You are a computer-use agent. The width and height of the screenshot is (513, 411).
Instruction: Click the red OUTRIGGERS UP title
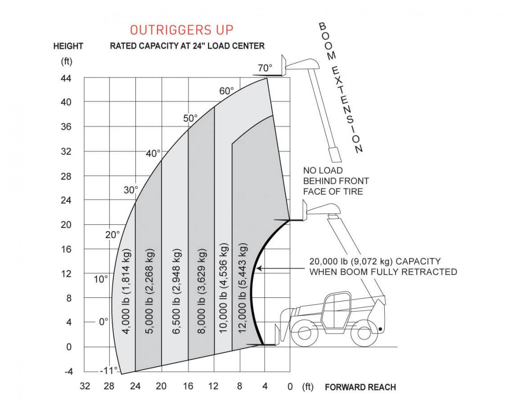coord(182,30)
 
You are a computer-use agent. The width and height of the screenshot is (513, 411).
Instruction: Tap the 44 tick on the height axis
coord(66,78)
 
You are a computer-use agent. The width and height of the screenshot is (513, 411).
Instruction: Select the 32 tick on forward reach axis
coord(84,387)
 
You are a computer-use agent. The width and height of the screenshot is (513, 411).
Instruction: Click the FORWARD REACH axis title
coord(360,387)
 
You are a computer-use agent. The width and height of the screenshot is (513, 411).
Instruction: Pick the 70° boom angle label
coord(265,68)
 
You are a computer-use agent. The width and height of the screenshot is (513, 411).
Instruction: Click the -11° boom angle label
coord(108,370)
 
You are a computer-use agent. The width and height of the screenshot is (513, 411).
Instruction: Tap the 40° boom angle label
coord(153,153)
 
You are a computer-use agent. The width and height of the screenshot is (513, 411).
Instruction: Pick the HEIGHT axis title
coord(68,46)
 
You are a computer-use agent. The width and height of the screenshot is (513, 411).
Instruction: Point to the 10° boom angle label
coord(101,279)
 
